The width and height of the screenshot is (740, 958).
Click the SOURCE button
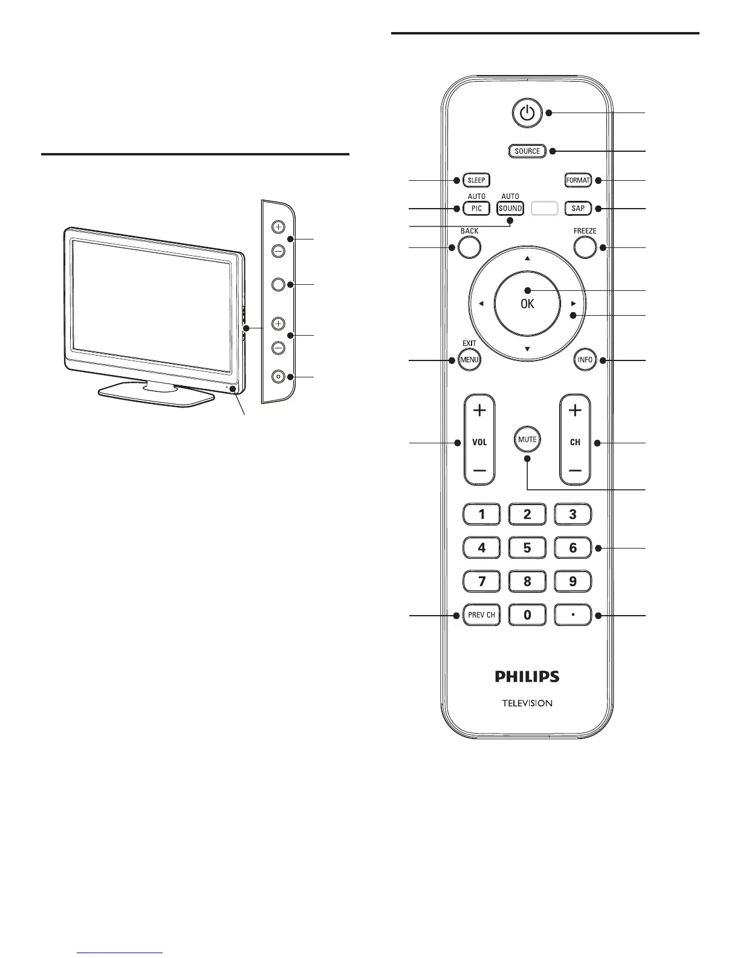pyautogui.click(x=527, y=151)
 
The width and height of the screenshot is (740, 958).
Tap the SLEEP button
pyautogui.click(x=476, y=180)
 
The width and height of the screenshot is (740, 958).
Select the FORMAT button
pyautogui.click(x=577, y=180)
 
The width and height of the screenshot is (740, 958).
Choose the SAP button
pyautogui.click(x=578, y=209)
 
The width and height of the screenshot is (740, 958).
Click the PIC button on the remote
pyautogui.click(x=476, y=209)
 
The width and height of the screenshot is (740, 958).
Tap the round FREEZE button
pyautogui.click(x=585, y=247)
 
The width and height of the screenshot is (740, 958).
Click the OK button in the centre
pyautogui.click(x=527, y=304)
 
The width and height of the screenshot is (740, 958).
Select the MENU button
pyautogui.click(x=470, y=360)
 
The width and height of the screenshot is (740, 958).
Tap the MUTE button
pyautogui.click(x=527, y=439)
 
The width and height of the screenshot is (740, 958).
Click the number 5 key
pyautogui.click(x=527, y=549)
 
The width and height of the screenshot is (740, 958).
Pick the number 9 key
pyautogui.click(x=573, y=582)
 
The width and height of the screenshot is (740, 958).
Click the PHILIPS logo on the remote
pyautogui.click(x=527, y=676)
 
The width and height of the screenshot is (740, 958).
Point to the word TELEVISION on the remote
pyautogui.click(x=527, y=703)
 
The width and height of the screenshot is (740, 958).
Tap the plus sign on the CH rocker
pyautogui.click(x=575, y=411)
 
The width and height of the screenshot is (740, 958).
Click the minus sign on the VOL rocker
pyautogui.click(x=479, y=470)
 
